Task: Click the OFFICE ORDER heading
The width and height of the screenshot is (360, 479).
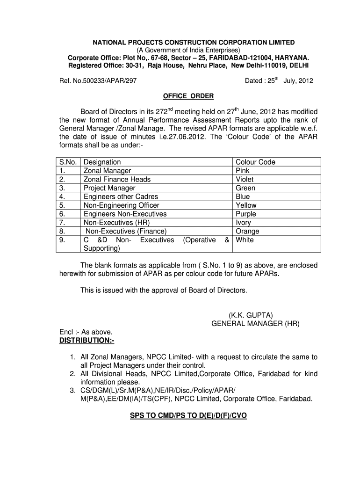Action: click(x=188, y=96)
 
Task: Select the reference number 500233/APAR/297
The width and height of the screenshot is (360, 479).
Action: click(x=98, y=80)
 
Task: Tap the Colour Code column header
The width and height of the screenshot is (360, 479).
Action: click(x=255, y=162)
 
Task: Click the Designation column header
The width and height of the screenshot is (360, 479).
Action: click(x=102, y=162)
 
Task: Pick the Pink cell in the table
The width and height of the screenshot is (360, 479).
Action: click(x=243, y=171)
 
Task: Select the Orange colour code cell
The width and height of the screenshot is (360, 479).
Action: click(x=247, y=231)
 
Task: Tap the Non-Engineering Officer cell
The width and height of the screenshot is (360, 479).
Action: click(x=121, y=205)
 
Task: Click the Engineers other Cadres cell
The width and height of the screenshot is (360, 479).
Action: click(x=121, y=196)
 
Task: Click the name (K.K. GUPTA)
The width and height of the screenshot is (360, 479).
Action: click(x=251, y=315)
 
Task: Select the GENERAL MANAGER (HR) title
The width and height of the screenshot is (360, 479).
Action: click(x=255, y=323)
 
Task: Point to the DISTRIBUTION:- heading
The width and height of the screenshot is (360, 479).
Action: click(x=86, y=340)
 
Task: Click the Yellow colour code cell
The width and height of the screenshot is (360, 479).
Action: click(x=246, y=205)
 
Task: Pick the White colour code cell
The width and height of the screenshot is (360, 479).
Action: click(x=245, y=240)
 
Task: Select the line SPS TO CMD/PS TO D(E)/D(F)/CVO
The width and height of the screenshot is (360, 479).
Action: click(x=188, y=414)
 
